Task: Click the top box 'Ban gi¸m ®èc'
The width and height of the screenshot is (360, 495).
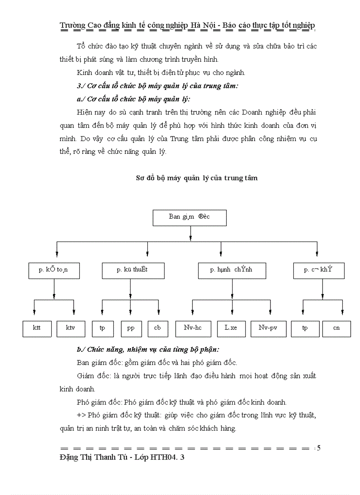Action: pyautogui.click(x=189, y=217)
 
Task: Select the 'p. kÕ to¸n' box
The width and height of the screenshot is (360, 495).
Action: pyautogui.click(x=54, y=270)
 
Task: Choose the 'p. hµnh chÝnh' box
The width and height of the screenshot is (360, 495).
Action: pyautogui.click(x=232, y=270)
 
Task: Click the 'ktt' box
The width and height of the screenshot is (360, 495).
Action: pyautogui.click(x=37, y=328)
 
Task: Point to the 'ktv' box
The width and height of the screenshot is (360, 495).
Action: pyautogui.click(x=71, y=328)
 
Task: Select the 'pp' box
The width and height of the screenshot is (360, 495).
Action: pyautogui.click(x=131, y=328)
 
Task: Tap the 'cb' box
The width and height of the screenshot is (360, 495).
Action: pyautogui.click(x=157, y=328)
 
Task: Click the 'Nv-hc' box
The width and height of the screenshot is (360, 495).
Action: pyautogui.click(x=193, y=328)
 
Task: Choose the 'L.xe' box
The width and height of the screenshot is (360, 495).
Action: pyautogui.click(x=231, y=328)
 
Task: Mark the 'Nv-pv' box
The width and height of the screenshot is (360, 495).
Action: pyautogui.click(x=268, y=328)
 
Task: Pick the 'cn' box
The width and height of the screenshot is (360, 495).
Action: pyautogui.click(x=337, y=328)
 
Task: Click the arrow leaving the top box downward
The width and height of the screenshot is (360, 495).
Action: pyautogui.click(x=190, y=233)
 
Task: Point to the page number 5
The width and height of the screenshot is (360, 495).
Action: pyautogui.click(x=319, y=448)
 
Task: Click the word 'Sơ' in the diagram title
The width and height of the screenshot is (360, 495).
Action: pyautogui.click(x=139, y=178)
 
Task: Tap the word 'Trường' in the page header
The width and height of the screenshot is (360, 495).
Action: pyautogui.click(x=72, y=25)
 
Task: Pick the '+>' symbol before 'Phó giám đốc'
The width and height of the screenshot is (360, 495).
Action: pyautogui.click(x=81, y=415)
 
